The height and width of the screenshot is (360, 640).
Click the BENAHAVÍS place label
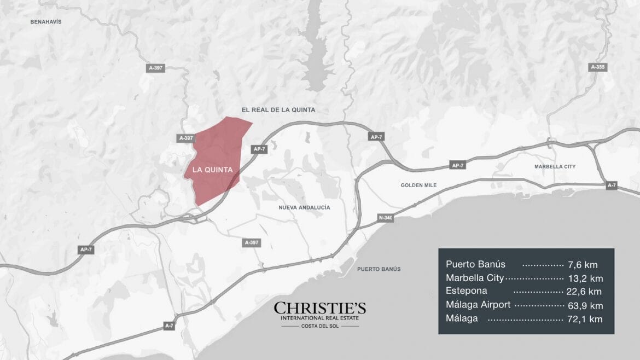(46, 22)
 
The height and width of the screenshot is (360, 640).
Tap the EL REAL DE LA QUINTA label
(278, 110)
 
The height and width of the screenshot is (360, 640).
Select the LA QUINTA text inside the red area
(213, 170)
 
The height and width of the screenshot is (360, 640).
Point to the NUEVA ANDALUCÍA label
(304, 208)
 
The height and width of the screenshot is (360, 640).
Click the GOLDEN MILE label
(418, 185)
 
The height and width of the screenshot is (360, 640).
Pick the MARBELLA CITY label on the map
(555, 166)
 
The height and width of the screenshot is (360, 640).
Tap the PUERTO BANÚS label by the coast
(379, 269)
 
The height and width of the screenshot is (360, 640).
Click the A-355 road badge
(598, 67)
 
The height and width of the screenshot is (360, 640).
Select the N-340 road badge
(385, 218)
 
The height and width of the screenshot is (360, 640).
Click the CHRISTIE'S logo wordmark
(320, 308)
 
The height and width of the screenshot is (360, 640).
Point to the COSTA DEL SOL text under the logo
(320, 326)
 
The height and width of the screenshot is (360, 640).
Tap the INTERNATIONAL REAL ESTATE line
(320, 318)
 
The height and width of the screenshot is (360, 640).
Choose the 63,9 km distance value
(585, 305)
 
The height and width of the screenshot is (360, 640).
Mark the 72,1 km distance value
(585, 319)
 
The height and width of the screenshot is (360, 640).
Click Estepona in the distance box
(466, 291)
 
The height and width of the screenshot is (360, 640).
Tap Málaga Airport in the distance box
(478, 305)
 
